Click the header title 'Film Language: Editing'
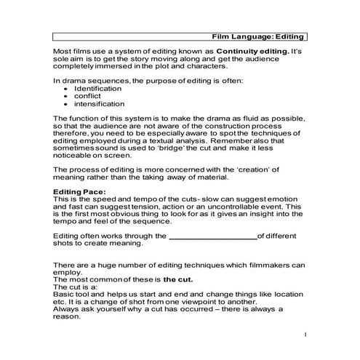click(258, 36)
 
